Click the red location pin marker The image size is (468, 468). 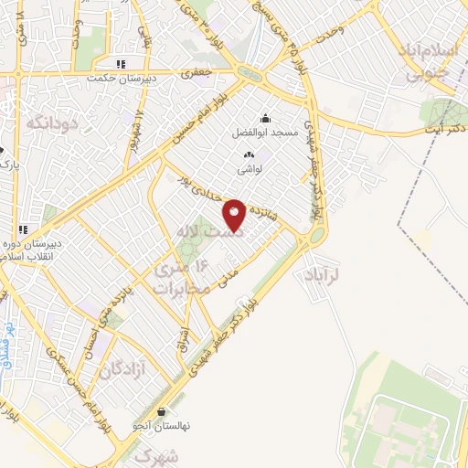tap(235, 215)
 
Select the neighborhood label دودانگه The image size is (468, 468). tap(48, 122)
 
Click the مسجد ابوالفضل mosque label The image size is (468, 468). tap(266, 133)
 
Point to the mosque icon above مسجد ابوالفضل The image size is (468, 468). tap(266, 118)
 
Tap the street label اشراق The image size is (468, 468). tap(181, 345)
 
